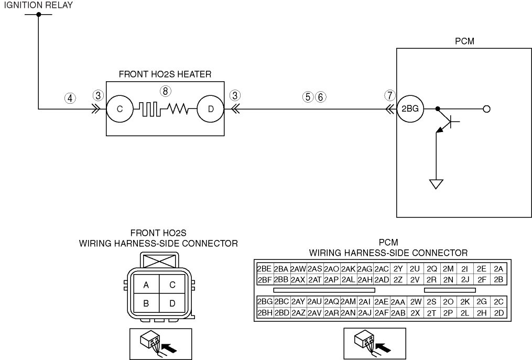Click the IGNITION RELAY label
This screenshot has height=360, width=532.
38,5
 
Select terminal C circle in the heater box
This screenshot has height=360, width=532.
120,109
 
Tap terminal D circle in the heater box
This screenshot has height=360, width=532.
211,109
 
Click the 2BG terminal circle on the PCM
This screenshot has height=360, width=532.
410,109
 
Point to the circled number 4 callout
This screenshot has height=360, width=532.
70,99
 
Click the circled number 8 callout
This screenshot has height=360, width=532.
165,91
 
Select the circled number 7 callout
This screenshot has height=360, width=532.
390,95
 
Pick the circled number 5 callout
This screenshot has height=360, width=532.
308,97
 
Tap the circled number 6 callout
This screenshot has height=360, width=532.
320,97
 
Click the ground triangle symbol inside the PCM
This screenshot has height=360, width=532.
436,184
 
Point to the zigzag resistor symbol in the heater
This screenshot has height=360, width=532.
178,109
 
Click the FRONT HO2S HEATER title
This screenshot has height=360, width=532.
165,74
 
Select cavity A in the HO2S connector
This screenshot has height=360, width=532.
146,285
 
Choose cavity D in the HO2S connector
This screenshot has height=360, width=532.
172,303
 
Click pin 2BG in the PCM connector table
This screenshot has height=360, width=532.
265,301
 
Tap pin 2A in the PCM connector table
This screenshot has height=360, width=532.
498,269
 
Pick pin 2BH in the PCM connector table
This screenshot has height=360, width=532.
265,312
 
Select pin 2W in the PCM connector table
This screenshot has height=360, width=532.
415,301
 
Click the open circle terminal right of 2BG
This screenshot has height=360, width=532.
486,109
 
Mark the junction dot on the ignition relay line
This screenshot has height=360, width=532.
39,14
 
